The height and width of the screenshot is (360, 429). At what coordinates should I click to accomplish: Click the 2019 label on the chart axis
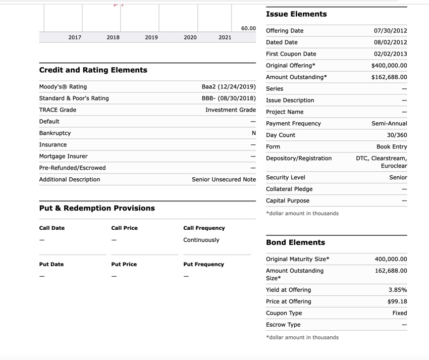pyautogui.click(x=151, y=37)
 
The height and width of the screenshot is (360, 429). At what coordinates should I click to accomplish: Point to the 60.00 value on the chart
pyautogui.click(x=248, y=28)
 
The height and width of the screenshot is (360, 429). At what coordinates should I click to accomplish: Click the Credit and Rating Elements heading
pyautogui.click(x=93, y=70)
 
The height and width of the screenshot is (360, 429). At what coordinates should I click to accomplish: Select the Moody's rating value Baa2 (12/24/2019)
pyautogui.click(x=229, y=87)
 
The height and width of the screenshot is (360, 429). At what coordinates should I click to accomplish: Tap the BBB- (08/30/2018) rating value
pyautogui.click(x=229, y=98)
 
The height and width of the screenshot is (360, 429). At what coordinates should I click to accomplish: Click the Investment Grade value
pyautogui.click(x=231, y=110)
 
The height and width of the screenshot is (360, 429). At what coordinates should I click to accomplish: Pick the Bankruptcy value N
pyautogui.click(x=254, y=133)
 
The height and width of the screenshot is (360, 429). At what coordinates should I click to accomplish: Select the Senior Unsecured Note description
pyautogui.click(x=224, y=180)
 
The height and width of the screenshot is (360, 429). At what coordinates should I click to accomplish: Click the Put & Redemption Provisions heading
pyautogui.click(x=97, y=208)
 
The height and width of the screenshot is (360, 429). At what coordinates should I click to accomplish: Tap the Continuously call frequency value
pyautogui.click(x=201, y=240)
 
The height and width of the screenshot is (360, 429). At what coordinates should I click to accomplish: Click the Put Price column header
pyautogui.click(x=124, y=265)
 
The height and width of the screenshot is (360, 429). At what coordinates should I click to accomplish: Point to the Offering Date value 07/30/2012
pyautogui.click(x=390, y=31)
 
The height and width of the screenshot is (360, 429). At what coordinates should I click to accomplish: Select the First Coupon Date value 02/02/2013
pyautogui.click(x=390, y=54)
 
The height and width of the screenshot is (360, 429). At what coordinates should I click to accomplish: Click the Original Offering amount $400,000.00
pyautogui.click(x=389, y=66)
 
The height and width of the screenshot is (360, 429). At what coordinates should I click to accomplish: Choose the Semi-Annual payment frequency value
pyautogui.click(x=389, y=124)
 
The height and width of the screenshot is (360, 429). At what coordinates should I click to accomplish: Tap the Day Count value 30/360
pyautogui.click(x=397, y=135)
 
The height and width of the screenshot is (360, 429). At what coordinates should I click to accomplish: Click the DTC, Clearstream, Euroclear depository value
pyautogui.click(x=382, y=162)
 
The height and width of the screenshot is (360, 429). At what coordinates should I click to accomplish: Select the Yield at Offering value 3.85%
pyautogui.click(x=398, y=290)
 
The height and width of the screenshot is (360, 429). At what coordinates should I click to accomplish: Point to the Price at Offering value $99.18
pyautogui.click(x=397, y=302)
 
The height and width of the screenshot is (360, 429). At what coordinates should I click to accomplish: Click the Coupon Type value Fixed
pyautogui.click(x=400, y=314)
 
